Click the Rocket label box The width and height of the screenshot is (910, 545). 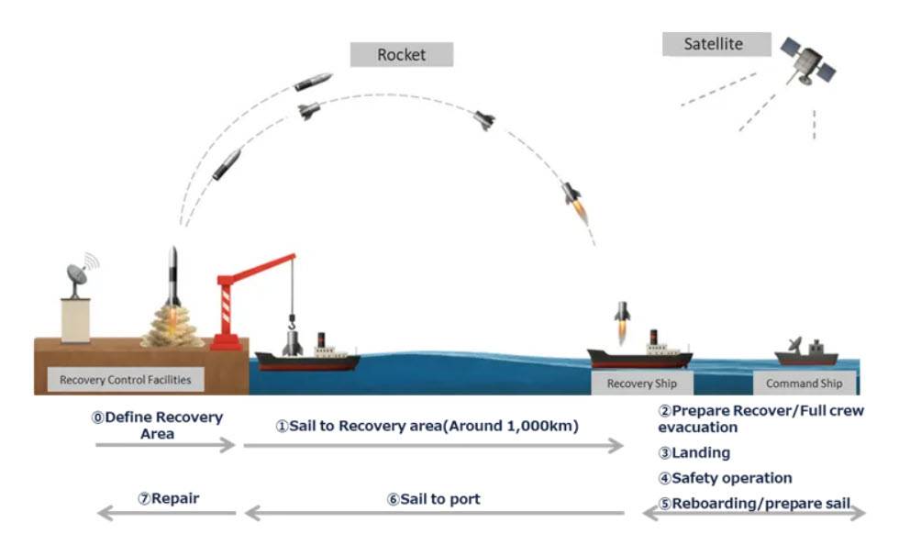click(402, 54)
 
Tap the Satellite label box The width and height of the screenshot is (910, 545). click(714, 44)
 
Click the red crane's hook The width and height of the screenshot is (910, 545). click(293, 322)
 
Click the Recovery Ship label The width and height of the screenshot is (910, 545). click(640, 384)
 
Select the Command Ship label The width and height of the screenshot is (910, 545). click(804, 384)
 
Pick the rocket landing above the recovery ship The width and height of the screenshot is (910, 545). click(622, 317)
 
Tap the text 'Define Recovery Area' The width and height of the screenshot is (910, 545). click(157, 425)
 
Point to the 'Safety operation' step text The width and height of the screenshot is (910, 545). click(731, 478)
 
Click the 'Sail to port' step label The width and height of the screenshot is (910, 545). click(433, 499)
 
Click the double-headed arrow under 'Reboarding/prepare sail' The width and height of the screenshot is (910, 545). click(753, 515)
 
